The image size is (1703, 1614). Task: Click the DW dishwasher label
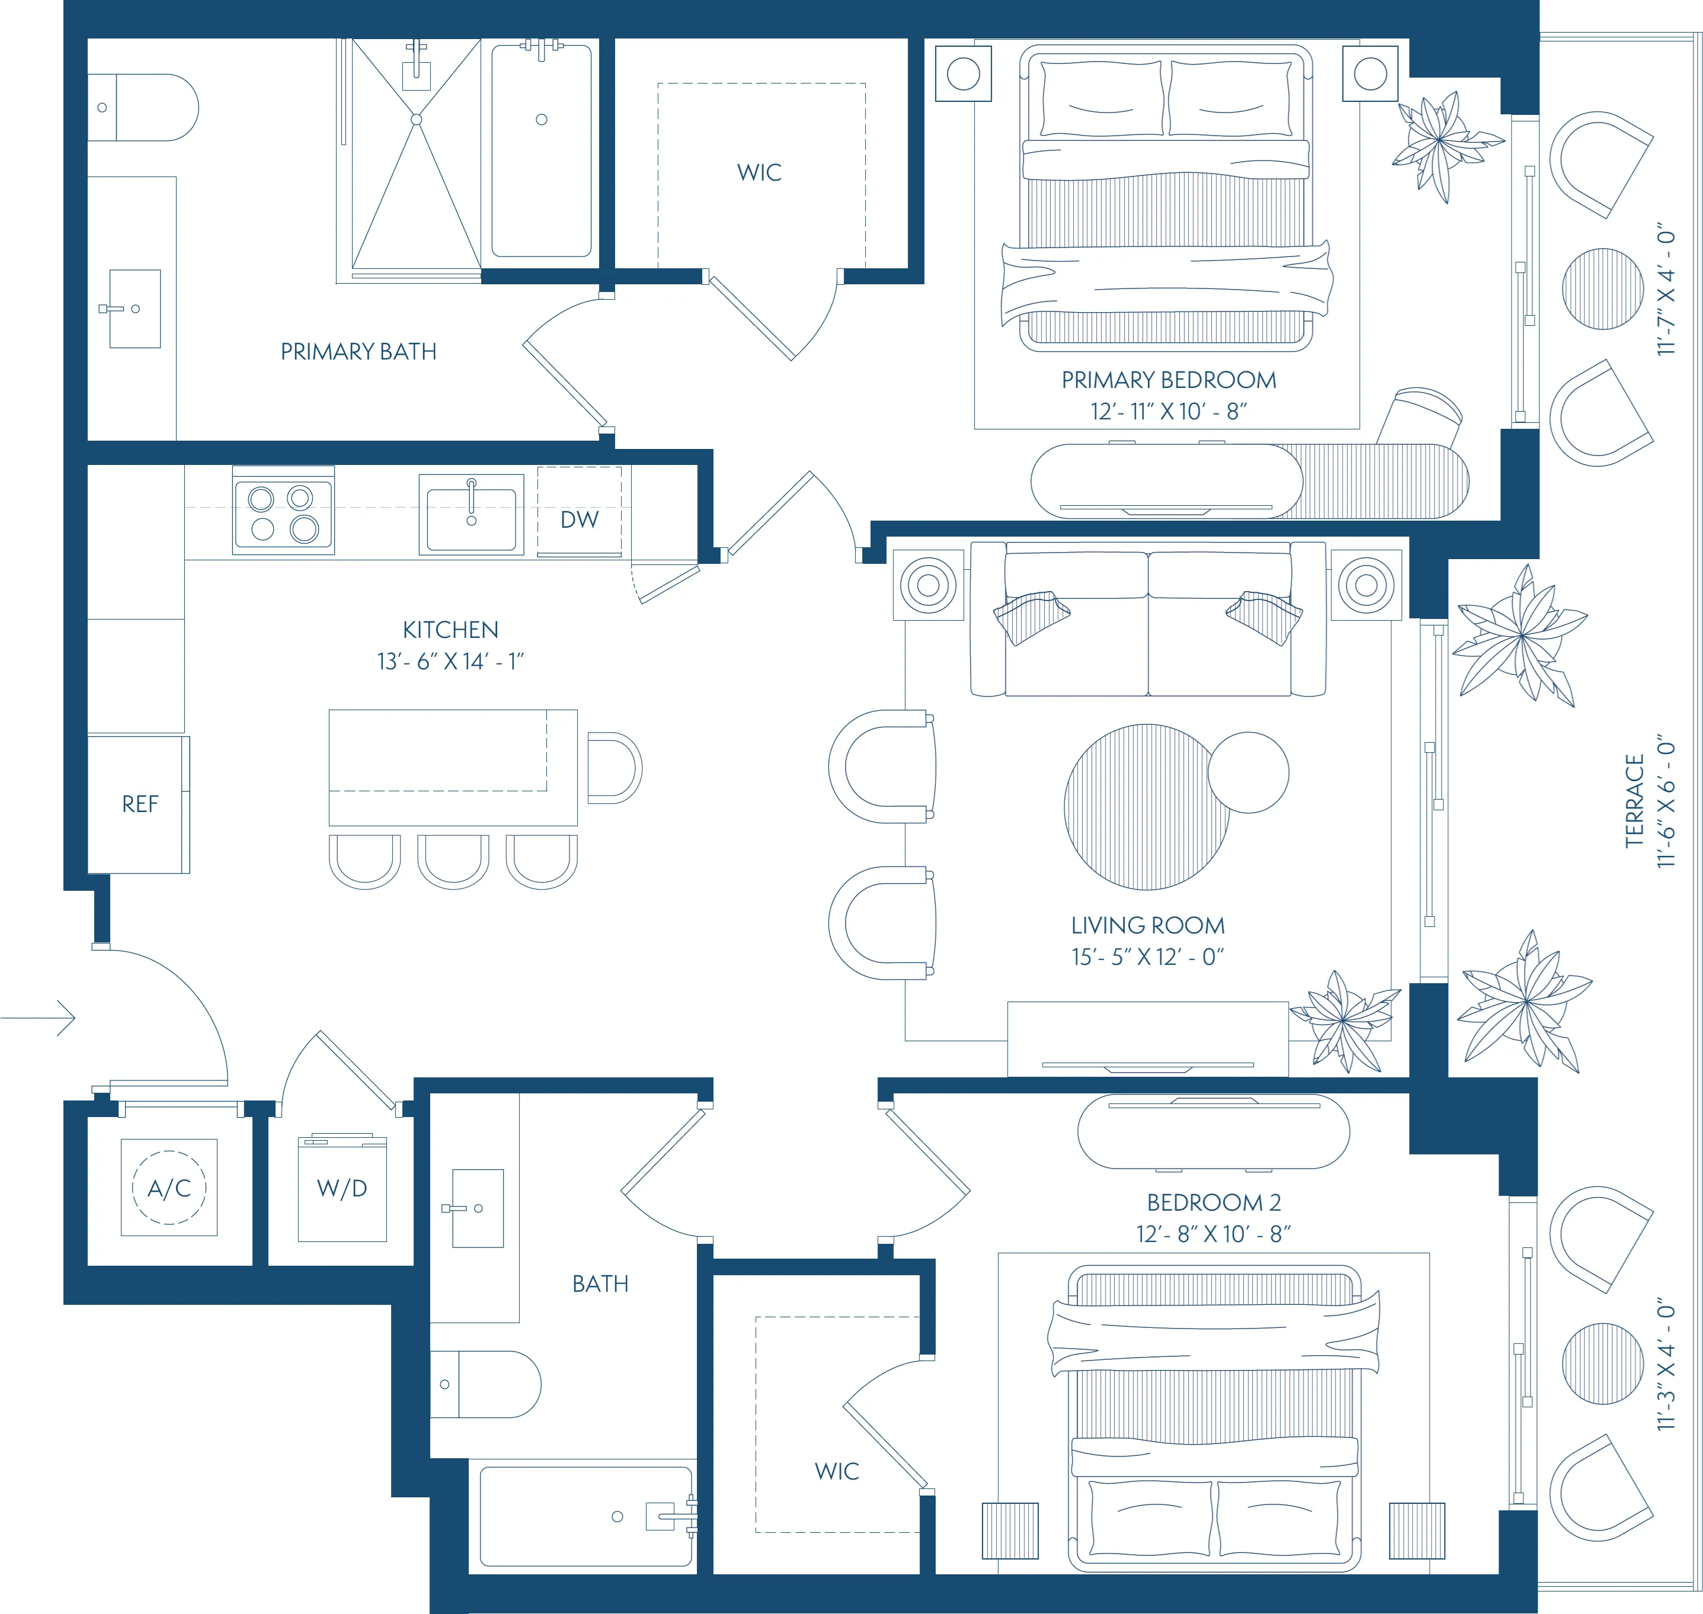pos(579,519)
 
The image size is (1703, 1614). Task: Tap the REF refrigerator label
pos(140,804)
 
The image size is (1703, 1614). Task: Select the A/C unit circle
pos(169,1188)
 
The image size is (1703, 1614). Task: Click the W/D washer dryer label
pos(342,1188)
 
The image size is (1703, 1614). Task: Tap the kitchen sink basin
pos(472,519)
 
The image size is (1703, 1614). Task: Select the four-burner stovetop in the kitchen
pos(283,514)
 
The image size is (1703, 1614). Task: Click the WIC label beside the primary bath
pos(759,172)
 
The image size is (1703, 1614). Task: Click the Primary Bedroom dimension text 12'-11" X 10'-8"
pos(1169,411)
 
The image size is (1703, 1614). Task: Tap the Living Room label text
pos(1147,925)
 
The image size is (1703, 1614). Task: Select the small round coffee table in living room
pos(1248,772)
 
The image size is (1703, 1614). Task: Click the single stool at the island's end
pos(613,768)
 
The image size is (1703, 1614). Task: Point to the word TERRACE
pos(1634,800)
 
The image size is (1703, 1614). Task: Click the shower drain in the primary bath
pos(417,120)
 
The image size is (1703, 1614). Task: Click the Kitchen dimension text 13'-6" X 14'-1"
pos(450,661)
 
